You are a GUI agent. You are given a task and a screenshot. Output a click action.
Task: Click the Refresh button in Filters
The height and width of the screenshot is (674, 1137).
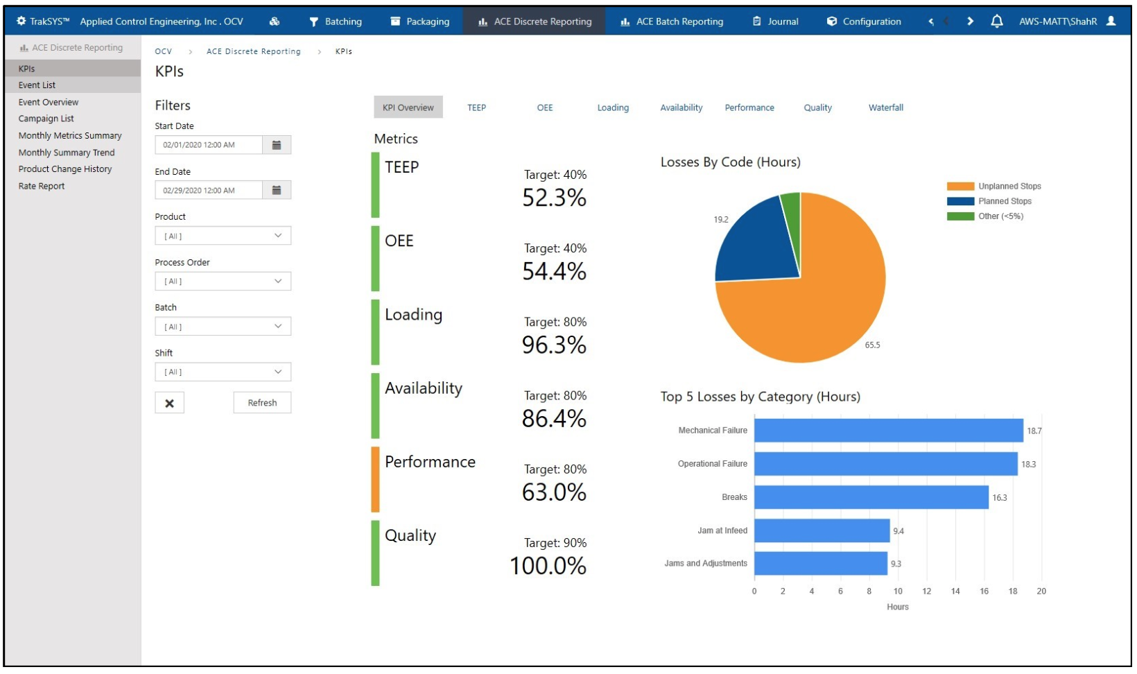(x=262, y=403)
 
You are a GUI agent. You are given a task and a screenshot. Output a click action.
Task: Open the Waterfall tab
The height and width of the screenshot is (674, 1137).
(x=885, y=107)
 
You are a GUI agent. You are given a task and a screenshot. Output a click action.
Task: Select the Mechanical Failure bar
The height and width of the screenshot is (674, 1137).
(x=888, y=431)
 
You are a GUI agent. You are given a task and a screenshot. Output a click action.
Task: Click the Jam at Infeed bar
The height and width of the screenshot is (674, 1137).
(x=822, y=530)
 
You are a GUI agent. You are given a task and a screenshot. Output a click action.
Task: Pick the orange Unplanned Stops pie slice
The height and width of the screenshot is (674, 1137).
(x=818, y=305)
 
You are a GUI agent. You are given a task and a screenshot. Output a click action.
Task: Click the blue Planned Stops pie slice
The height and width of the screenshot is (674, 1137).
(x=756, y=243)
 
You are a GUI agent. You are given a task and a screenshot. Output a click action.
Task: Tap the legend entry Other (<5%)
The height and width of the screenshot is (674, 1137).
(x=1000, y=216)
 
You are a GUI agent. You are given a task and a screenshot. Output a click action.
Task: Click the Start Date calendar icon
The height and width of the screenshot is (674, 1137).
(x=277, y=145)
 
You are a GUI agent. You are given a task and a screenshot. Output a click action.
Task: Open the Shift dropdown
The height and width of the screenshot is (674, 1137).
(x=223, y=372)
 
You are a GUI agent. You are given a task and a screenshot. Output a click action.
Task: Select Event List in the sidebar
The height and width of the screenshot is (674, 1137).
(x=37, y=85)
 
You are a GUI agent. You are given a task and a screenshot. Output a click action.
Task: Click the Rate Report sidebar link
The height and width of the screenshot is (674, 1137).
(x=42, y=186)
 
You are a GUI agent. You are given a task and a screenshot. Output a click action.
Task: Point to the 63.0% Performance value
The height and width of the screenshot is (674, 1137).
(x=554, y=492)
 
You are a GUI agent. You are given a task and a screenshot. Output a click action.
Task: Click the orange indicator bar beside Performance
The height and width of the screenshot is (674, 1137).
(x=375, y=479)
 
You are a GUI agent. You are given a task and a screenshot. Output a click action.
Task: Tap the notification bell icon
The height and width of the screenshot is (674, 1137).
(x=996, y=21)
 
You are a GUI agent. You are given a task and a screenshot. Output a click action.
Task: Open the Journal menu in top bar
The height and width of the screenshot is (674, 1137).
(x=776, y=21)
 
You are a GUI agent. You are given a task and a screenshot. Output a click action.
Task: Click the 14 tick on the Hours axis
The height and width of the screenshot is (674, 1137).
(x=955, y=591)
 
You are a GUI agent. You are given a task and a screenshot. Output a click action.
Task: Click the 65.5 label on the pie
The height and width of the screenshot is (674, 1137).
(x=872, y=345)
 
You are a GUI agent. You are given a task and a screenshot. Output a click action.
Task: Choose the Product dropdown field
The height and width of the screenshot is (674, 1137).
(x=223, y=236)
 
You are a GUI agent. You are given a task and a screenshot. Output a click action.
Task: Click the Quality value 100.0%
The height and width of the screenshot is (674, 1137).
(x=548, y=566)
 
